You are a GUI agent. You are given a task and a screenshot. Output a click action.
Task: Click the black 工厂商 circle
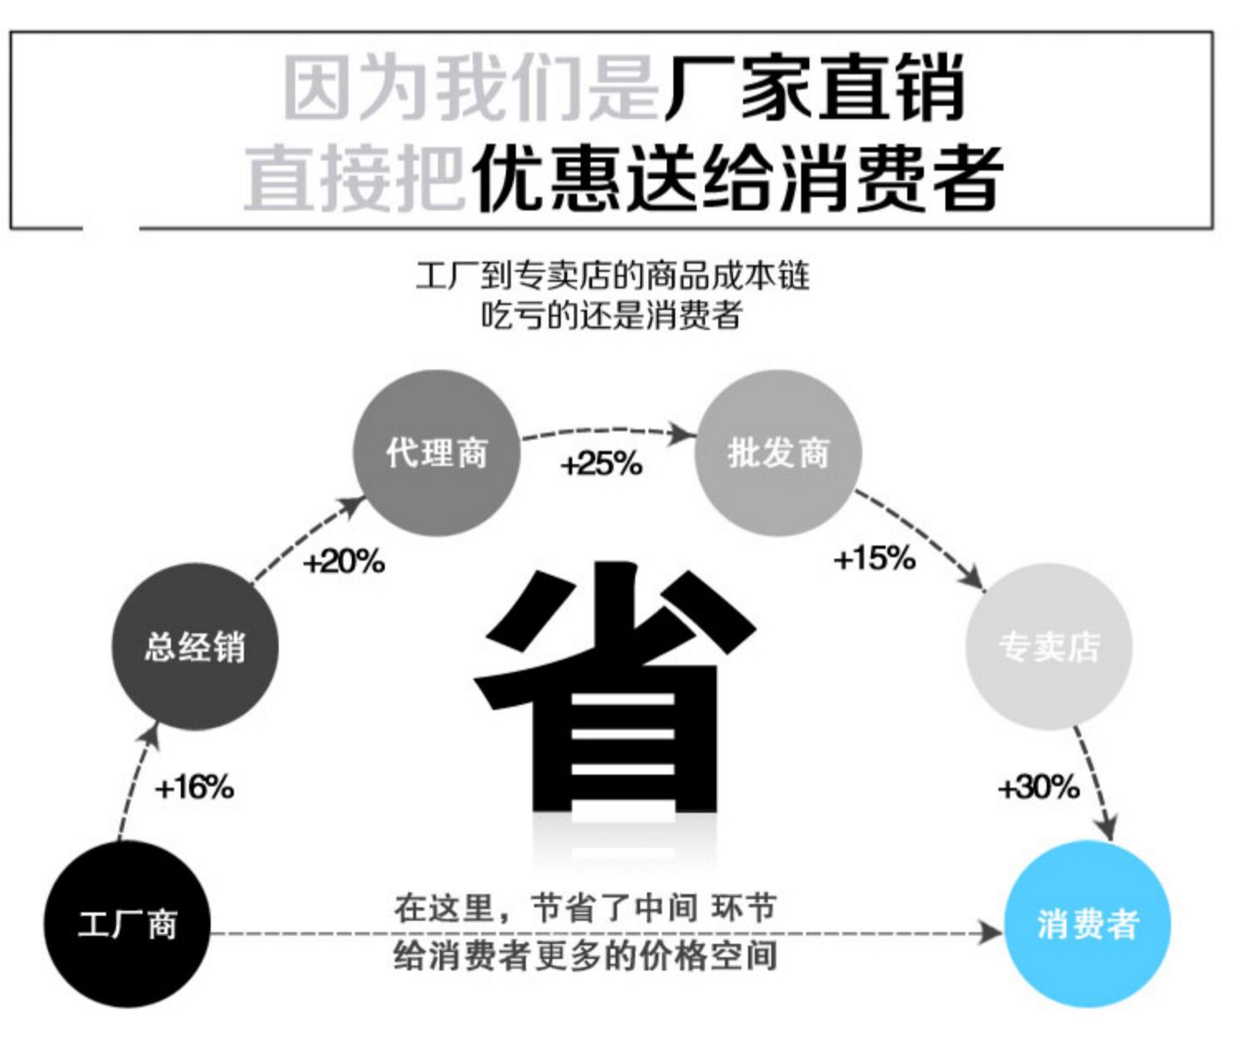pos(127,924)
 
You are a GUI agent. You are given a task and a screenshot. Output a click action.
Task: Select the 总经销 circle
pos(195,646)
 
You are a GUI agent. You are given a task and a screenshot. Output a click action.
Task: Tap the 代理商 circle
pos(436,453)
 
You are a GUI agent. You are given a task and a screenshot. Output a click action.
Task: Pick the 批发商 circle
pos(777,453)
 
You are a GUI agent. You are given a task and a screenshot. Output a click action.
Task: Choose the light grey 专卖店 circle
pos(1048,646)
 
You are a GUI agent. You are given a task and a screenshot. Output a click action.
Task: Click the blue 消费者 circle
pos(1087,924)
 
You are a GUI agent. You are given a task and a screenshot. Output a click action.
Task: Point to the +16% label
pos(194,786)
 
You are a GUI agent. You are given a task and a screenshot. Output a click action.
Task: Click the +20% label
pos(343,562)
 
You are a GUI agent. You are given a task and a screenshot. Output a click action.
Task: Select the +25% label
pos(601,464)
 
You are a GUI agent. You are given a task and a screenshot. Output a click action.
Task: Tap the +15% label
pos(874,558)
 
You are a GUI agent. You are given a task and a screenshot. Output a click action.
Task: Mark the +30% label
pos(1038,786)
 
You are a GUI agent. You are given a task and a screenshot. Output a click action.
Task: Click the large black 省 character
pos(614,689)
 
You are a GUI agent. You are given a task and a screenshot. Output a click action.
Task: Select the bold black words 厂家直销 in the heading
pos(814,88)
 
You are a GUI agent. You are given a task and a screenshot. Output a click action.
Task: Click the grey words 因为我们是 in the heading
pos(470,88)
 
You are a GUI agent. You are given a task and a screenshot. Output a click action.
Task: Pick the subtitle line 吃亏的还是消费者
pos(612,315)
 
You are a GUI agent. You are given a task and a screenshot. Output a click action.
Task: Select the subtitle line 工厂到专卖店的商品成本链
pos(612,275)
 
